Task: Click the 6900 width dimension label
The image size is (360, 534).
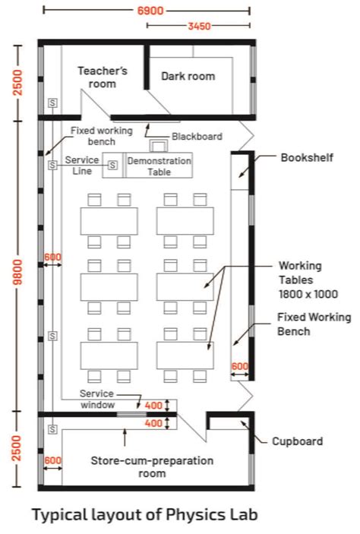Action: [x=150, y=11]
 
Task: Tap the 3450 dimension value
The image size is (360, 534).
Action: [x=199, y=26]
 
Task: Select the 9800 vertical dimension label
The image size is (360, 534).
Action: [x=18, y=271]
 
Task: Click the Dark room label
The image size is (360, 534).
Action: [x=188, y=76]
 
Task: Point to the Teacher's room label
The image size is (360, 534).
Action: [x=103, y=77]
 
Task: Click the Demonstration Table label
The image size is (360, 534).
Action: [x=159, y=166]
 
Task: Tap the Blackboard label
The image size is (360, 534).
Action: [x=197, y=137]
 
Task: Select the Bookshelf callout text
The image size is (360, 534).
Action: [x=307, y=158]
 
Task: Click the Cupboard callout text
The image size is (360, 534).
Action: [x=297, y=441]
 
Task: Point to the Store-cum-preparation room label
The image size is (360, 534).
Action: [x=152, y=467]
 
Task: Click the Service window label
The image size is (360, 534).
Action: [x=97, y=399]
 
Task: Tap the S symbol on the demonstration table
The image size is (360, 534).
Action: [x=112, y=165]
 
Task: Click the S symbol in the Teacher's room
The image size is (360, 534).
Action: [x=52, y=103]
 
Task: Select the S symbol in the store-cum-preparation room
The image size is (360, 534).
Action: [x=52, y=429]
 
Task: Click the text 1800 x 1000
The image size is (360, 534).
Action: [x=308, y=294]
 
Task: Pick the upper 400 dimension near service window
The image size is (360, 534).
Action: [x=153, y=406]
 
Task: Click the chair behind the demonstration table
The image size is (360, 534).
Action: [x=159, y=146]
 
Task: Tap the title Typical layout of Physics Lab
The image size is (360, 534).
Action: [x=145, y=514]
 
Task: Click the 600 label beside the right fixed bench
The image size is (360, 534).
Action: [x=240, y=366]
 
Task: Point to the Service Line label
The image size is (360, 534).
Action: [x=82, y=166]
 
